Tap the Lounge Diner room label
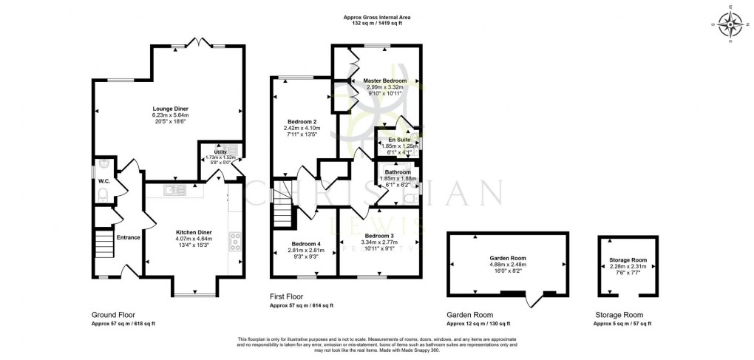(171, 109)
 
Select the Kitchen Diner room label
(194, 232)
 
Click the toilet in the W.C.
(103, 194)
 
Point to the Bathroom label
(398, 172)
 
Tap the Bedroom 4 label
(306, 244)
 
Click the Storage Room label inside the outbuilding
(628, 260)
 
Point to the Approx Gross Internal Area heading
(377, 16)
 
